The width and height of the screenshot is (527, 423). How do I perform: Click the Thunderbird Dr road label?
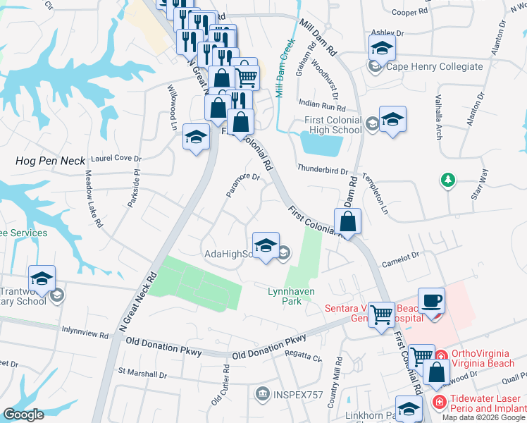323,170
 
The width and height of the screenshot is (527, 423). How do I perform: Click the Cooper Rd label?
409,12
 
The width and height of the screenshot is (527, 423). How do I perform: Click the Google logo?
23,415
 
